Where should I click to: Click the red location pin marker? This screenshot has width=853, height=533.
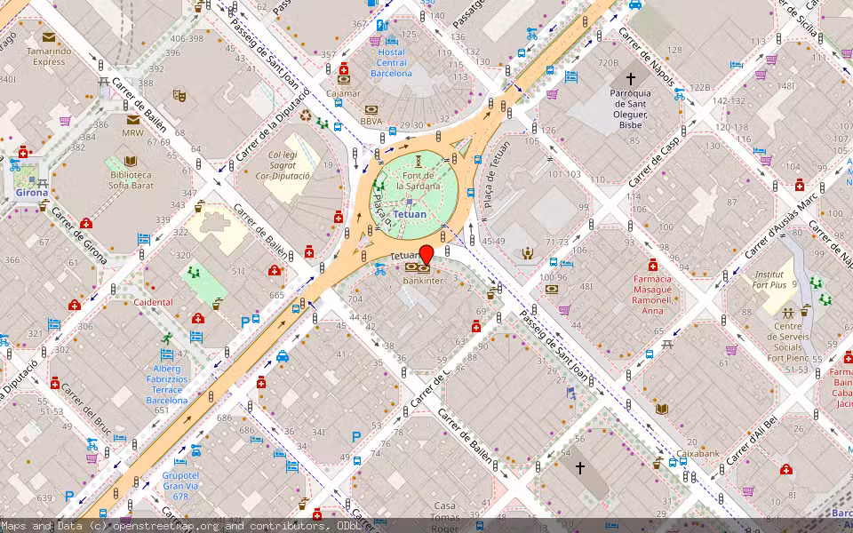pyautogui.click(x=426, y=254)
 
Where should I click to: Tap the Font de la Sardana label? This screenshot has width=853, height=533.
pyautogui.click(x=417, y=181)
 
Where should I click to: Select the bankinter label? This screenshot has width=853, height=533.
pyautogui.click(x=422, y=281)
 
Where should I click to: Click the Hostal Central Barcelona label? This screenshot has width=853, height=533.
pyautogui.click(x=391, y=62)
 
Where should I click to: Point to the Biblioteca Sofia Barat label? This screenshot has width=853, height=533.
pyautogui.click(x=131, y=180)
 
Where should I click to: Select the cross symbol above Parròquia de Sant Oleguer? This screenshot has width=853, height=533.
pyautogui.click(x=630, y=79)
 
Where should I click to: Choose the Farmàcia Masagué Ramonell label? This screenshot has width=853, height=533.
pyautogui.click(x=652, y=294)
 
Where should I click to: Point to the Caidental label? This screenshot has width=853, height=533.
pyautogui.click(x=153, y=302)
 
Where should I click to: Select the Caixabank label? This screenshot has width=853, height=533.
pyautogui.click(x=698, y=453)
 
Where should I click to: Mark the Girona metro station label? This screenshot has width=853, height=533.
pyautogui.click(x=30, y=191)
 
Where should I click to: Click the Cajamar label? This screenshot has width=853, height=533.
pyautogui.click(x=343, y=92)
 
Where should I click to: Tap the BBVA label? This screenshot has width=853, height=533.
pyautogui.click(x=371, y=121)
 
